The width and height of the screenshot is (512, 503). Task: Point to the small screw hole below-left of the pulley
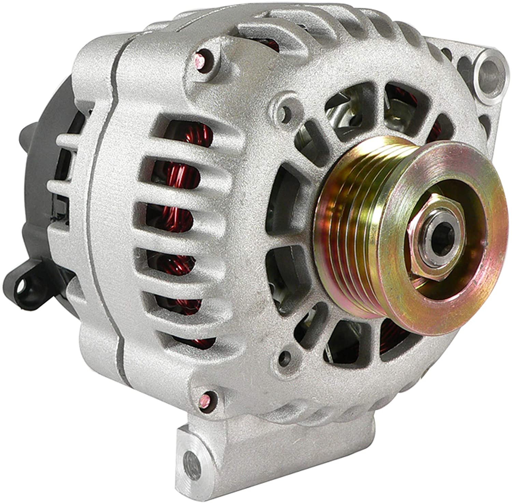pos(285,357)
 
